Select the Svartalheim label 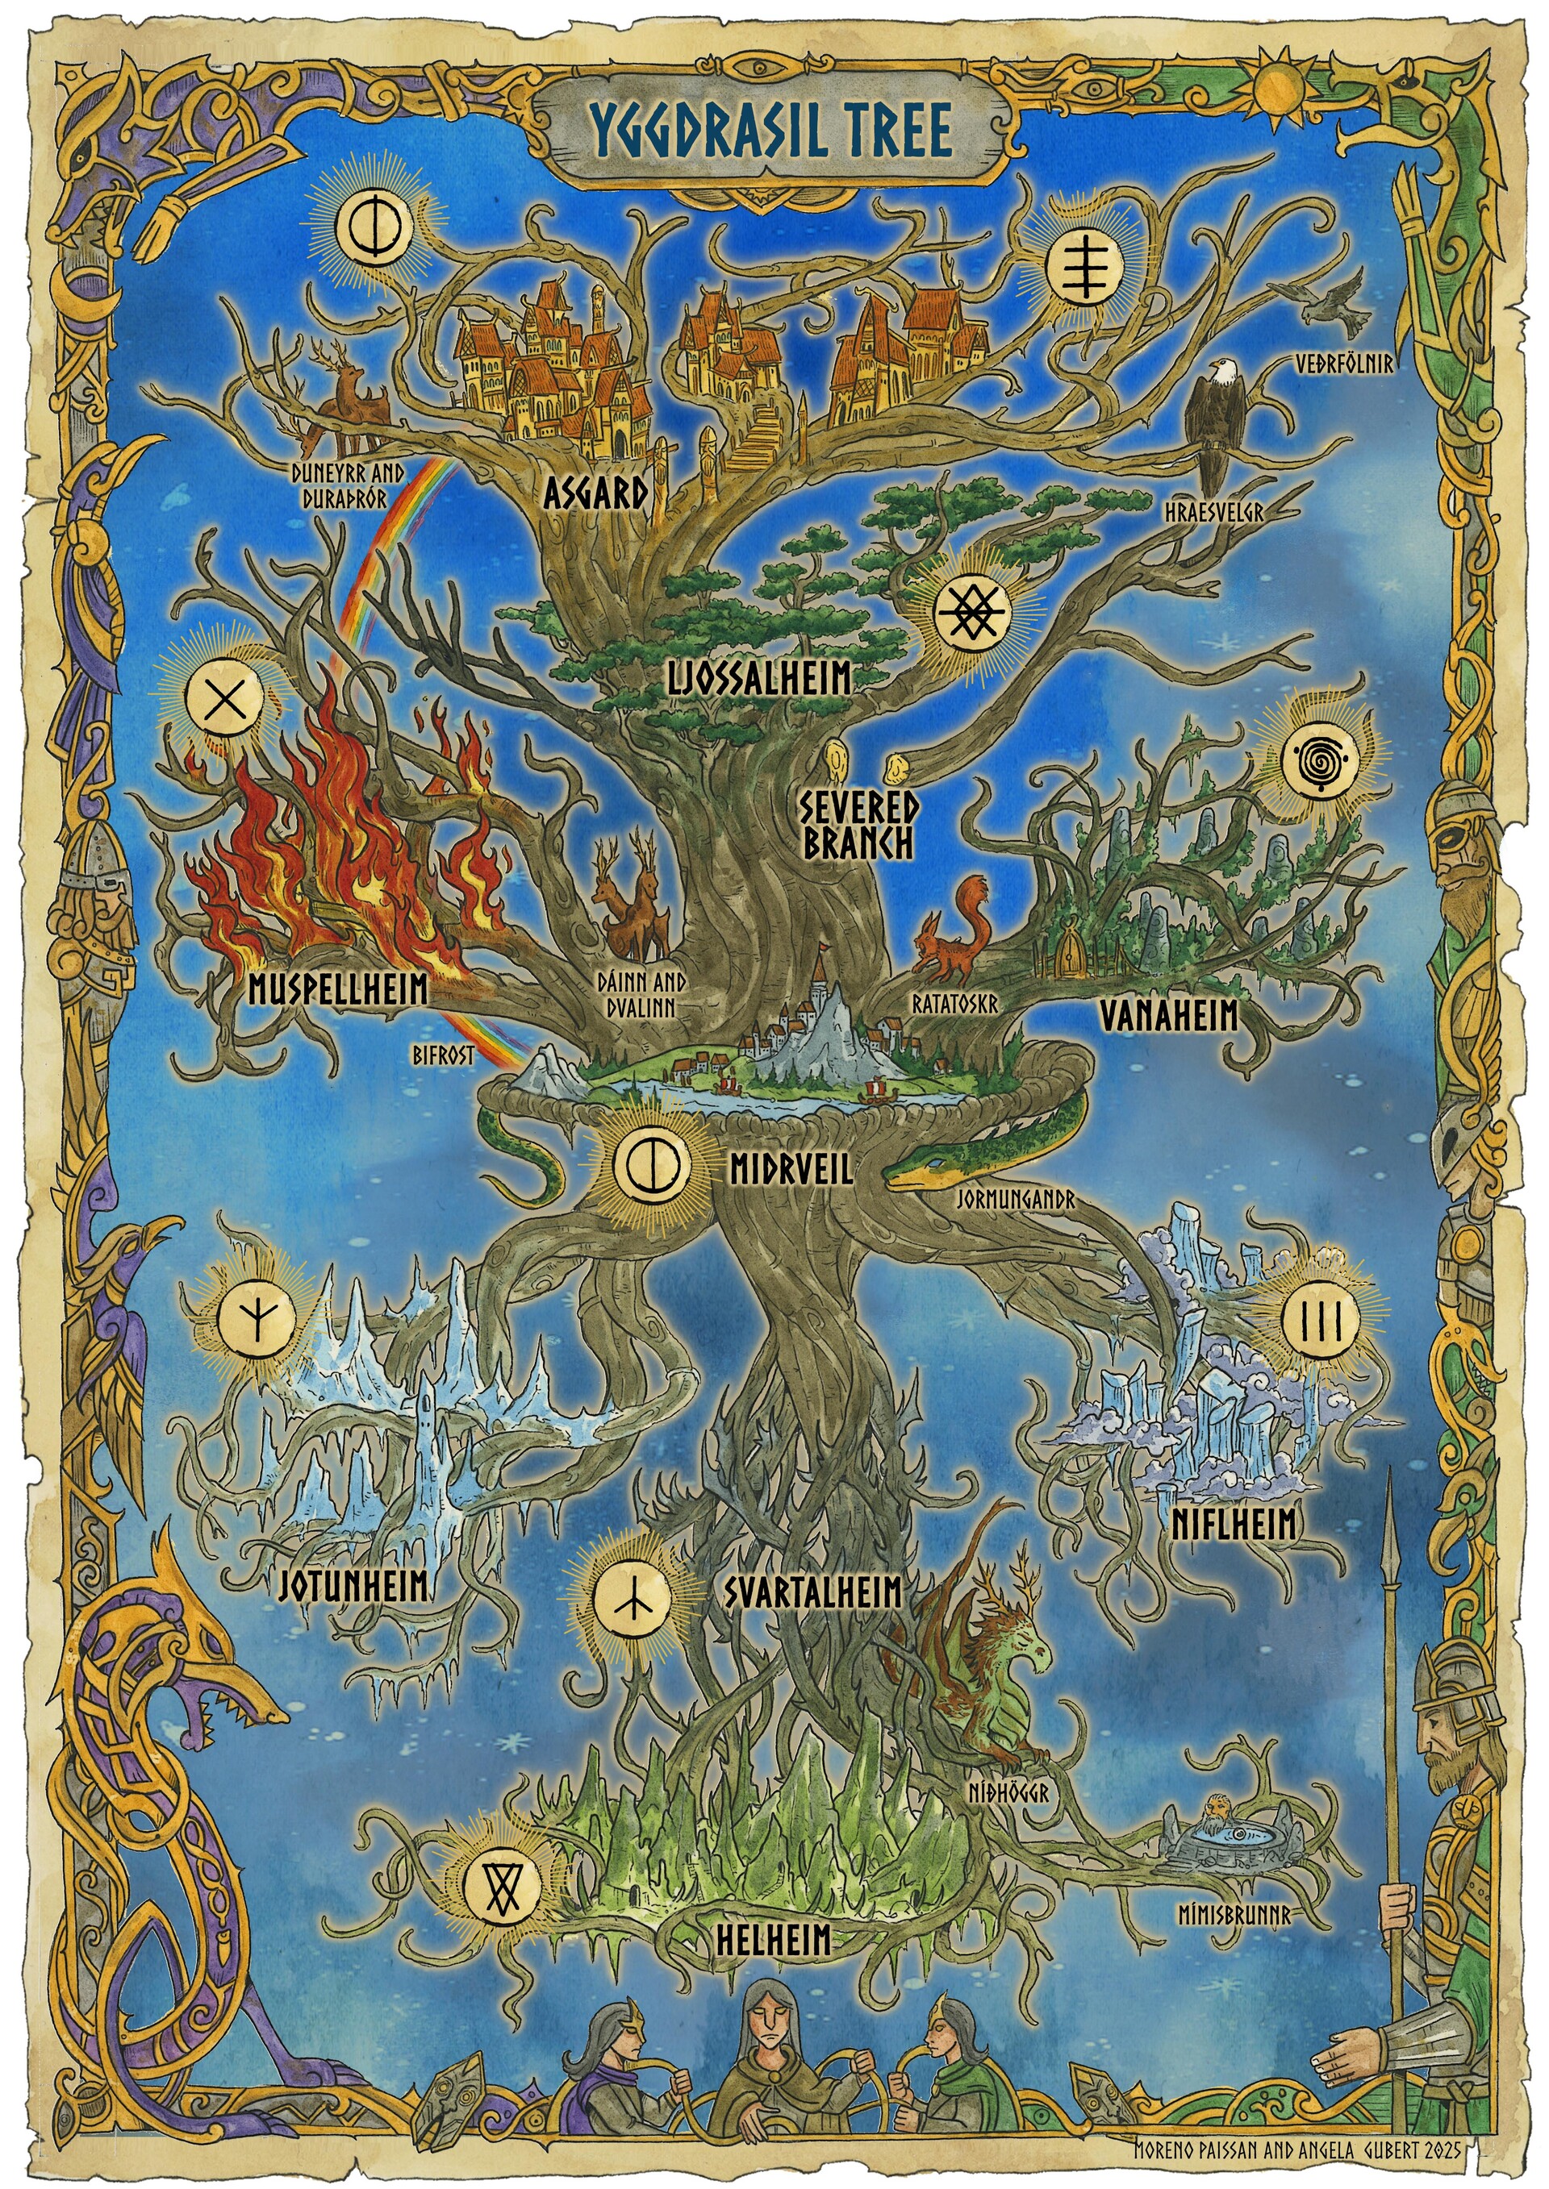click(812, 1592)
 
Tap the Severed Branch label click(858, 825)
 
